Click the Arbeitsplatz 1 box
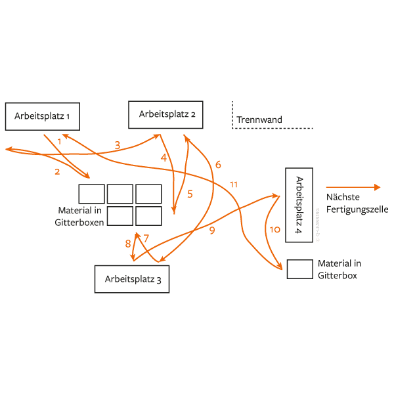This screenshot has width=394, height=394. (43, 116)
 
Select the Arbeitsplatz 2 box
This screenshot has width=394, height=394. (165, 114)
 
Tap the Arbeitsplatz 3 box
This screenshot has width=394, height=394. (133, 279)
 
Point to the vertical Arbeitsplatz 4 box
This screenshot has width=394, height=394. (299, 206)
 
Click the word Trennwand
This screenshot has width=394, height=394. (259, 120)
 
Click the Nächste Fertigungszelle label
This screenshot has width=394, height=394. (357, 204)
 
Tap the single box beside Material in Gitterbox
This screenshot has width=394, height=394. (299, 269)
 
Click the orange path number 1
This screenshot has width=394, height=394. (59, 141)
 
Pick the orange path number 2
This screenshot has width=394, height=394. (57, 171)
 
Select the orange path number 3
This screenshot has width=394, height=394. (117, 145)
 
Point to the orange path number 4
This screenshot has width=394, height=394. (164, 158)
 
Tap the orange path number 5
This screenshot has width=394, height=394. (190, 194)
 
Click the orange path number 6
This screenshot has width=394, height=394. (218, 164)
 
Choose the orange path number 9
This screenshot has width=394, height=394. (212, 230)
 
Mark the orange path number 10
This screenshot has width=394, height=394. (275, 229)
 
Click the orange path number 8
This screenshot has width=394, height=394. (128, 244)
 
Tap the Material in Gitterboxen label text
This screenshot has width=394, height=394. (79, 217)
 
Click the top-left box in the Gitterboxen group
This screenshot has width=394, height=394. (91, 194)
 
